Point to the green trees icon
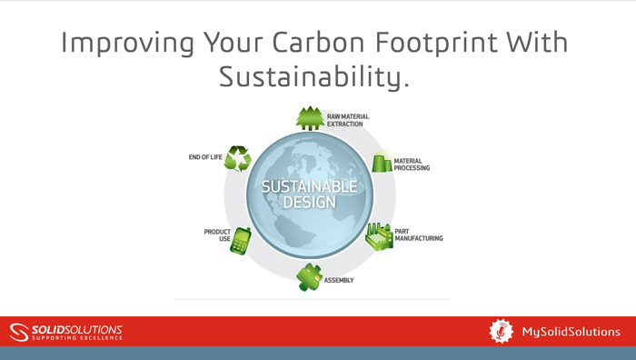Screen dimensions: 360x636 (309, 118)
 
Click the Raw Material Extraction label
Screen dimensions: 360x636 (348, 120)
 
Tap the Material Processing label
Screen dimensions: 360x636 (412, 165)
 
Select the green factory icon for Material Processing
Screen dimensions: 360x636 (381, 162)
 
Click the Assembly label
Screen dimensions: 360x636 (340, 280)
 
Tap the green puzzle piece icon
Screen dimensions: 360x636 (310, 276)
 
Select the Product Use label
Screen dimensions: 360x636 (217, 235)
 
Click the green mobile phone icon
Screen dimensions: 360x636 (241, 240)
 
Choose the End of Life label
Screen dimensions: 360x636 (206, 157)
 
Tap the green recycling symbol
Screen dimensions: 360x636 (238, 159)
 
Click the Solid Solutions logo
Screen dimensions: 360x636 (65, 331)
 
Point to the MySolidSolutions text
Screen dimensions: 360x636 (571, 332)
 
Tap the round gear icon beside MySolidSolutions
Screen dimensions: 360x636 (502, 331)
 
